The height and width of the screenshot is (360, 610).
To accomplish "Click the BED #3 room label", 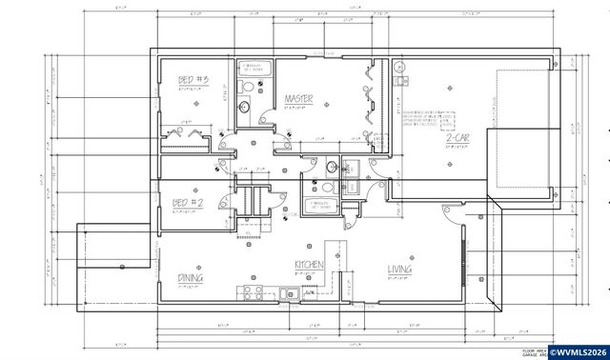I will click(193, 81).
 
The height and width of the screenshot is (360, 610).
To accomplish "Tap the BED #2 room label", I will click(188, 203).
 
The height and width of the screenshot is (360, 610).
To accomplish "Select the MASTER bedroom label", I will click(307, 99).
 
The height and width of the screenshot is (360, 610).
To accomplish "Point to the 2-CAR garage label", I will click(458, 140).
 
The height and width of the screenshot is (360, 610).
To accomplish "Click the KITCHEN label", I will click(311, 266).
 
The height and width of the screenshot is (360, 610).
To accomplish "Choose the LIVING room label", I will click(399, 270).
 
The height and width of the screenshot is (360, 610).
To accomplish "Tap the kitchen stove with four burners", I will click(253, 291).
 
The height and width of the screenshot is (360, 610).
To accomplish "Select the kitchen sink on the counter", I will click(288, 293).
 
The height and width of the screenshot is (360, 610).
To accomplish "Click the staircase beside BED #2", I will click(251, 202).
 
